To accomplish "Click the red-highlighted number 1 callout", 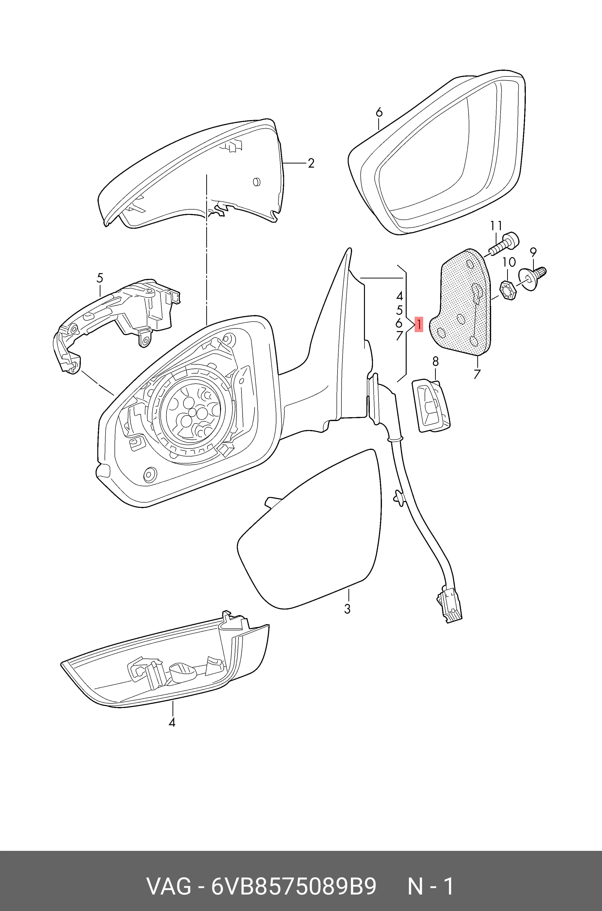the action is click(x=419, y=324).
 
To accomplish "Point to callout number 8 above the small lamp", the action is click(x=435, y=361).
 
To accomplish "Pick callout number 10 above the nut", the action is click(x=509, y=262).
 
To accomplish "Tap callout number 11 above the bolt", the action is click(x=496, y=225).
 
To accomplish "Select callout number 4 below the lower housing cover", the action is click(x=172, y=723).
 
